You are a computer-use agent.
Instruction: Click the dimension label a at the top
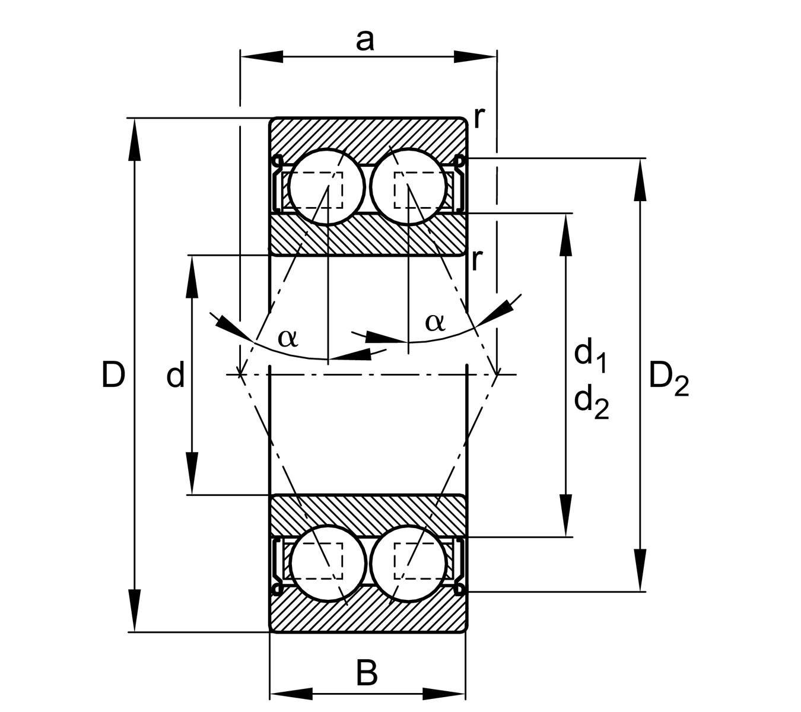click(x=365, y=40)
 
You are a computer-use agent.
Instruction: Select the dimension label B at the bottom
click(x=367, y=673)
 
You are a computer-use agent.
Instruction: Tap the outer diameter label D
click(x=113, y=375)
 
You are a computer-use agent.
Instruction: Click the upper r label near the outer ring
click(x=479, y=118)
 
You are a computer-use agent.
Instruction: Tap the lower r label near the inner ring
click(x=476, y=259)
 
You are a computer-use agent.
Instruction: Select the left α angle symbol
click(x=288, y=337)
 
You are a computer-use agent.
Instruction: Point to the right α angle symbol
click(x=435, y=322)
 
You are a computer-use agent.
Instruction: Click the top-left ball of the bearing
click(x=326, y=186)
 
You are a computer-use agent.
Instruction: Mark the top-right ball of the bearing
click(x=408, y=186)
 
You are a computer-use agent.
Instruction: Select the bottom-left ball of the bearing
click(x=328, y=563)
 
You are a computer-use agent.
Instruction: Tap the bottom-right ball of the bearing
click(x=409, y=563)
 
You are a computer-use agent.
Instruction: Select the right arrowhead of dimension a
click(x=475, y=57)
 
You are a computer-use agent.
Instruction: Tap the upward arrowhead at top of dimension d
click(x=192, y=276)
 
